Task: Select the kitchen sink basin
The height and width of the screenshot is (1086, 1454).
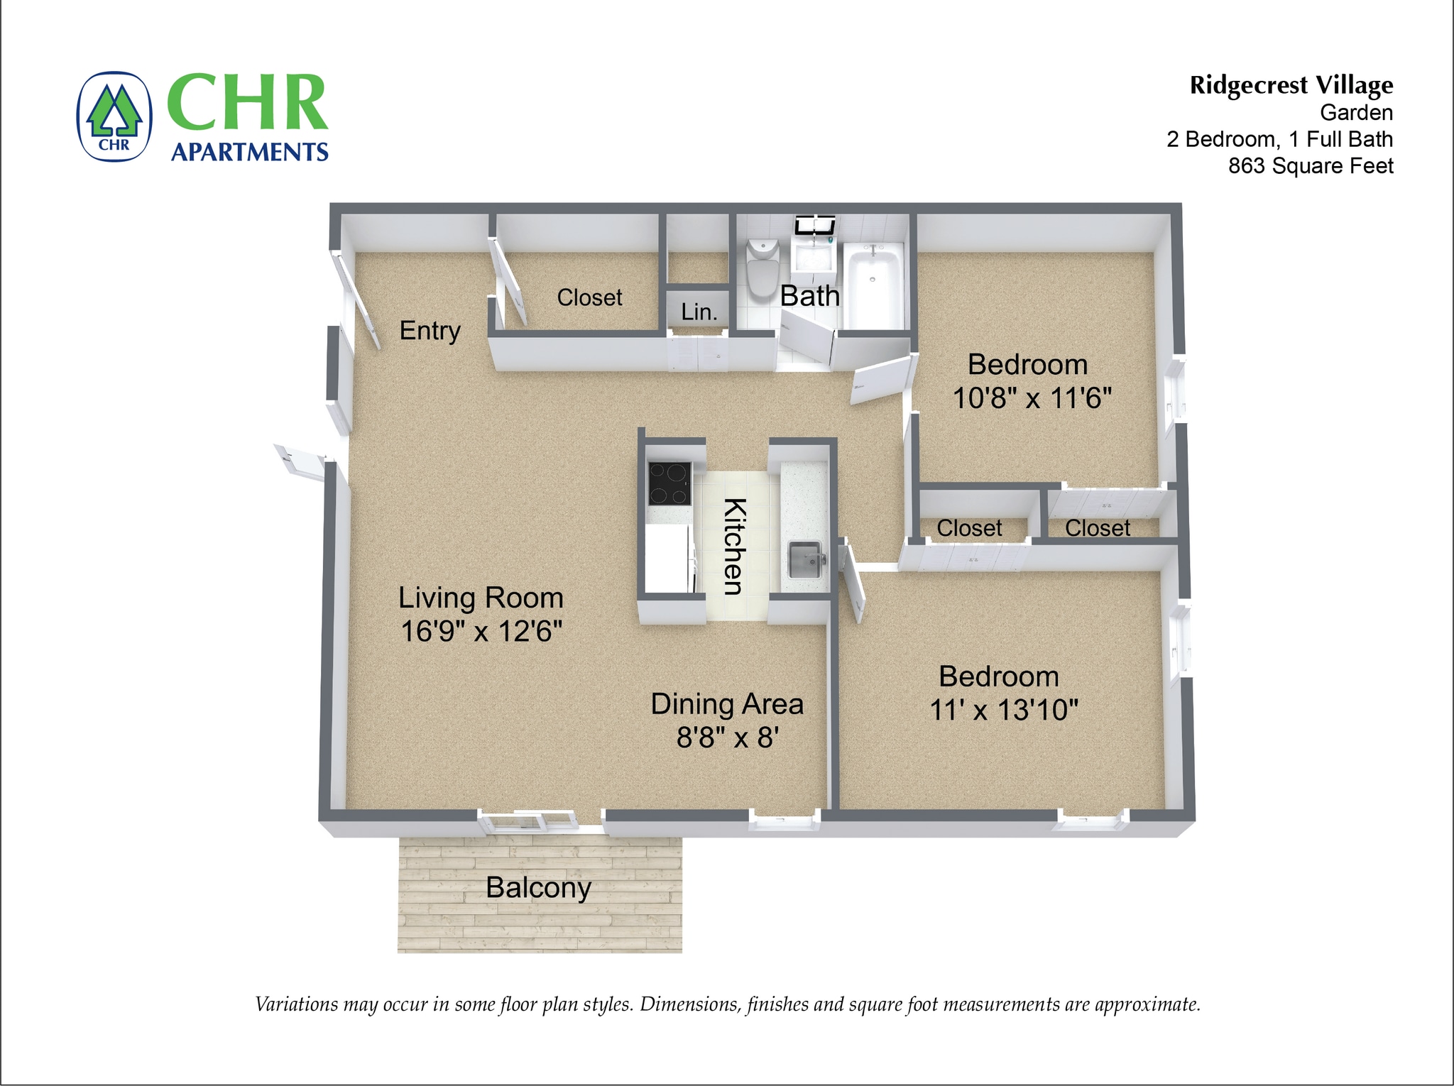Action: (x=805, y=560)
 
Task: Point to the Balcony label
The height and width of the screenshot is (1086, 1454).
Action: (x=538, y=888)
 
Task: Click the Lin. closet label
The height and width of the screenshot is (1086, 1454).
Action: (x=699, y=312)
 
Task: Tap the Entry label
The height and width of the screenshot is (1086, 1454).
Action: (x=430, y=330)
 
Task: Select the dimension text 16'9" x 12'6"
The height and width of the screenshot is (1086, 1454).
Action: (x=481, y=631)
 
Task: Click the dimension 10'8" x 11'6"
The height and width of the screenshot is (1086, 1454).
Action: (x=1032, y=398)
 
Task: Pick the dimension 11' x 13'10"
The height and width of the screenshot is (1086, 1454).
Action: (x=1004, y=710)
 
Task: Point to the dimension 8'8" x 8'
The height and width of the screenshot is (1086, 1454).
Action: (x=728, y=738)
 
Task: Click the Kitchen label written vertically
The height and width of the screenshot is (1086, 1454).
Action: (x=734, y=547)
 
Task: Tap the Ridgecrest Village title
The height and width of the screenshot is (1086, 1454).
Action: (x=1291, y=85)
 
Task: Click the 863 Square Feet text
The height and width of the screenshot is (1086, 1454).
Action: (x=1311, y=166)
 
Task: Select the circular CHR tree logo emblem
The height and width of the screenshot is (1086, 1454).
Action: (x=114, y=116)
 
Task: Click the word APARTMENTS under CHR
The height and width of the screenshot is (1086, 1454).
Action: (x=249, y=152)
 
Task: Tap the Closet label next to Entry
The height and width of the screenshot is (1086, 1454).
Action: (x=589, y=297)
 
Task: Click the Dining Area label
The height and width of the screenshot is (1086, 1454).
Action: (x=727, y=704)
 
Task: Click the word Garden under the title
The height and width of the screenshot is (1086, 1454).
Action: (x=1356, y=112)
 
